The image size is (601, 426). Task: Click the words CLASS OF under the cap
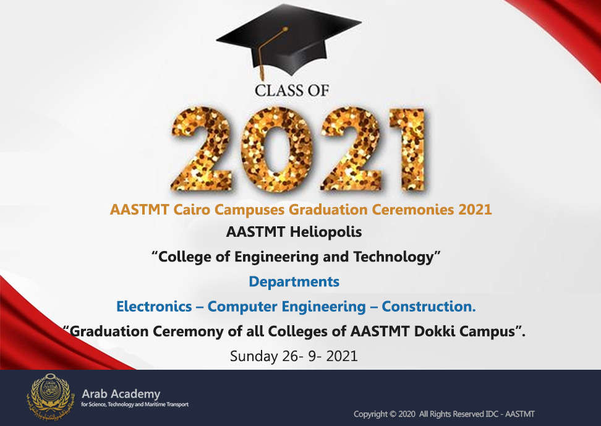tap(292, 90)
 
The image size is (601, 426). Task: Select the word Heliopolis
tap(326, 232)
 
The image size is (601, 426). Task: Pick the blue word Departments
tap(294, 282)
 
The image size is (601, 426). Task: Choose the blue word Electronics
tap(154, 307)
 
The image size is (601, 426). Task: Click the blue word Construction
tap(428, 307)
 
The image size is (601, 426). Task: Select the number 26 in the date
tap(290, 356)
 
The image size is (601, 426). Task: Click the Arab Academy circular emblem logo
tap(49, 396)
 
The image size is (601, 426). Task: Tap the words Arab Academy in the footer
tap(121, 394)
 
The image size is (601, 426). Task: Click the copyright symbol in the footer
tap(393, 414)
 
